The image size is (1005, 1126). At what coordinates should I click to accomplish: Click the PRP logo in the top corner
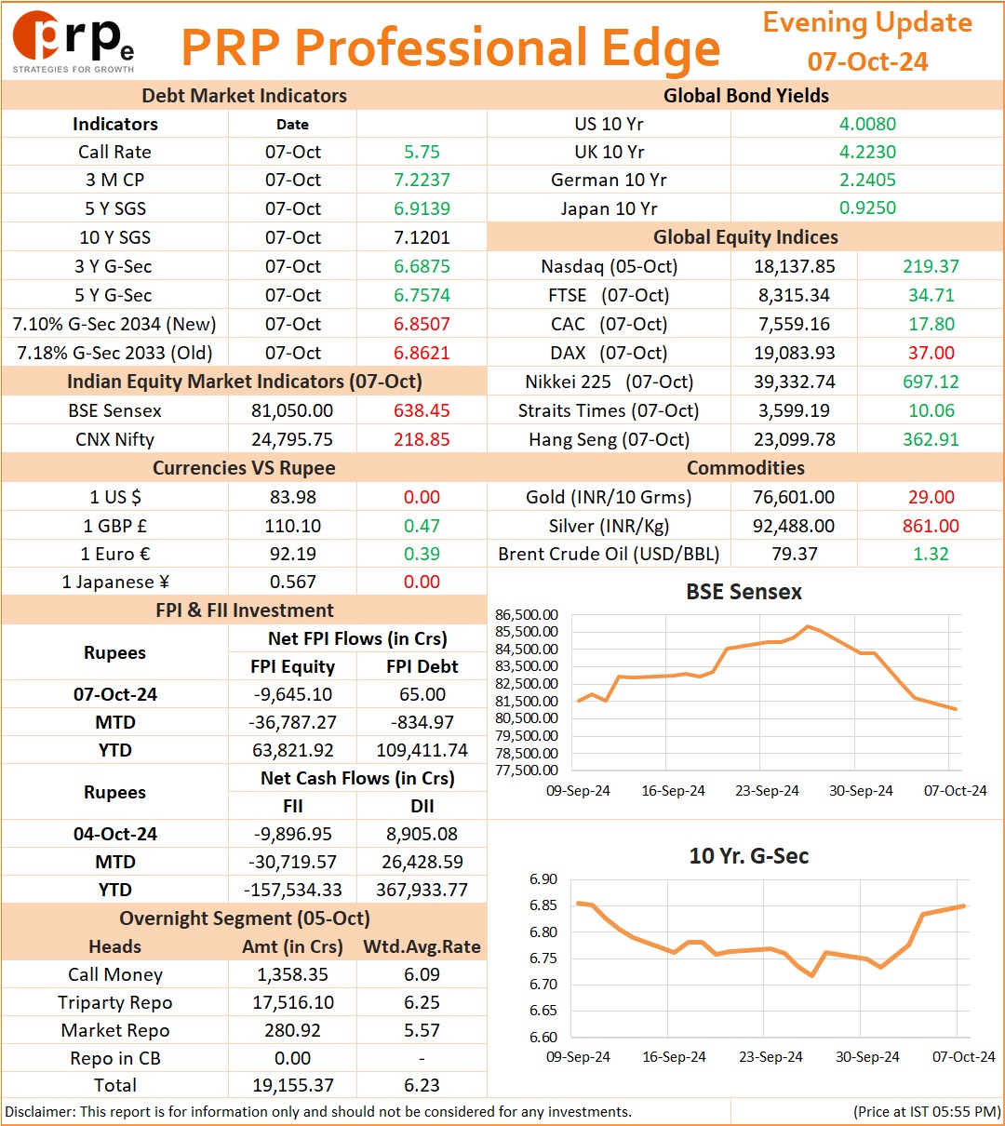coord(73,42)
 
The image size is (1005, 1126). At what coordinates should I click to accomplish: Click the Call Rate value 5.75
coord(422,152)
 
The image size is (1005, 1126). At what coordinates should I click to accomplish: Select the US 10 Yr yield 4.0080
coord(867,124)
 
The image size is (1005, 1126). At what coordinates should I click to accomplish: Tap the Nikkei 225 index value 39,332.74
coord(794,382)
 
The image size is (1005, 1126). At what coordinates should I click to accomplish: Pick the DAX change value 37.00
coord(931,353)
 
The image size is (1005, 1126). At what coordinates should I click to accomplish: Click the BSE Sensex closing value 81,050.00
coord(292,410)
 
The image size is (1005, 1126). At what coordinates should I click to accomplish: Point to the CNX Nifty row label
coord(114,439)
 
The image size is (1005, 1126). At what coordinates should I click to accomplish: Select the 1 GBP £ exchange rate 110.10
coord(292,525)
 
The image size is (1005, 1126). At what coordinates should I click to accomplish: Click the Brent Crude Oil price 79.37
coord(795,554)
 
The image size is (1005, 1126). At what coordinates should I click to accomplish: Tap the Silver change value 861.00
coord(931,525)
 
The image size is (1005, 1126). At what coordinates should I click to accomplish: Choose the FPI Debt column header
coord(422,665)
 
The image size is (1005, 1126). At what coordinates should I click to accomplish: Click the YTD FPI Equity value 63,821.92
coord(292,750)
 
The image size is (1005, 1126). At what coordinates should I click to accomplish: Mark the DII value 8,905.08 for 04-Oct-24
coord(422,834)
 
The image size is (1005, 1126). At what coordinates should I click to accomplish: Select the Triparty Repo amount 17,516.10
coord(293,1002)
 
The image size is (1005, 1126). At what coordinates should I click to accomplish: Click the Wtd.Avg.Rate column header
coord(422,945)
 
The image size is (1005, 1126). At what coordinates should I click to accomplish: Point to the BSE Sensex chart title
coord(744,591)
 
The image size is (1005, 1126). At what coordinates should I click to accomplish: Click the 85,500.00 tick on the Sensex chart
coord(526,631)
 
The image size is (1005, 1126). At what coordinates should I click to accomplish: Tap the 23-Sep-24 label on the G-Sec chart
coord(770,1056)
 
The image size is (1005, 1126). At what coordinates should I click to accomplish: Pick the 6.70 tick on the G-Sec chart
coord(543,984)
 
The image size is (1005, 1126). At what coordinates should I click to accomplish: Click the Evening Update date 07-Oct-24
coord(867,61)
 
